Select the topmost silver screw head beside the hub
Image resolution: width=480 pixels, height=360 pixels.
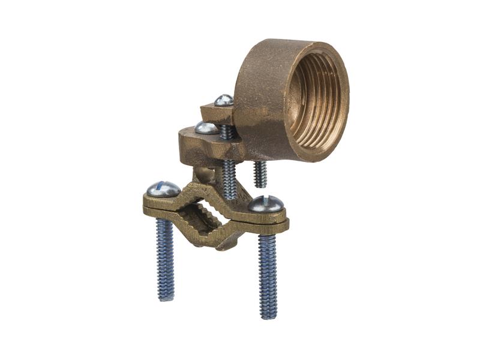[x=224, y=100]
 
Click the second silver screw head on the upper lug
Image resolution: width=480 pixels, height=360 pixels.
[x=206, y=127]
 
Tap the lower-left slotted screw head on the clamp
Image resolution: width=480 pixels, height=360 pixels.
[x=161, y=189]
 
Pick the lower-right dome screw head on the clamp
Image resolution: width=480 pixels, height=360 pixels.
[x=266, y=204]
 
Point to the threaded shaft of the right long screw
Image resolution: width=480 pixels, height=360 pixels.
[x=268, y=270]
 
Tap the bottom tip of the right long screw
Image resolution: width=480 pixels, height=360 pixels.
[x=269, y=316]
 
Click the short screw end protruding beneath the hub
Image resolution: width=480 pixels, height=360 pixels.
[x=260, y=174]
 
